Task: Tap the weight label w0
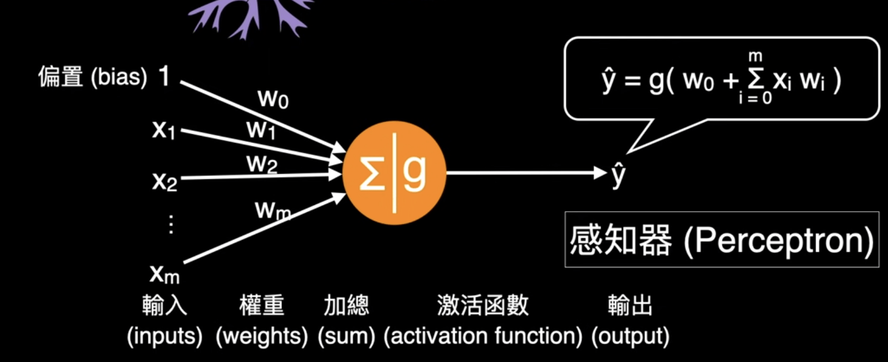pyautogui.click(x=273, y=99)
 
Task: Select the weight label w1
pyautogui.click(x=261, y=130)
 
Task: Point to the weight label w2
pyautogui.click(x=262, y=164)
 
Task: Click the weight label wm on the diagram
pyautogui.click(x=272, y=211)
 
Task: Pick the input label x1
pyautogui.click(x=164, y=130)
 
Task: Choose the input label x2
pyautogui.click(x=164, y=181)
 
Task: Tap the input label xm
pyautogui.click(x=164, y=273)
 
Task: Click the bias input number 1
pyautogui.click(x=164, y=76)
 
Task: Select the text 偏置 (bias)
pyautogui.click(x=92, y=77)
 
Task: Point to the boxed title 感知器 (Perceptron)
pyautogui.click(x=721, y=240)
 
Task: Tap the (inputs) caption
pyautogui.click(x=164, y=336)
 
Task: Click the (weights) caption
pyautogui.click(x=262, y=336)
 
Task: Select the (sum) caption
pyautogui.click(x=346, y=336)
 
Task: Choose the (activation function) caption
pyautogui.click(x=482, y=336)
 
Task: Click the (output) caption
pyautogui.click(x=630, y=336)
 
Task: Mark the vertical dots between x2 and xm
pyautogui.click(x=171, y=224)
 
